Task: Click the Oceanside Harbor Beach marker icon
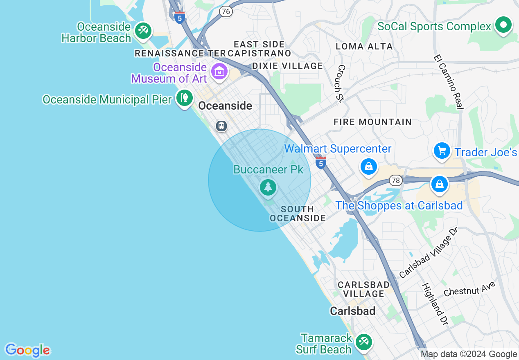143,31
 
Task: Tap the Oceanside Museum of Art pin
219,72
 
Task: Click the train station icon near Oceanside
221,126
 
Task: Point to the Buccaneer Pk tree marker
268,187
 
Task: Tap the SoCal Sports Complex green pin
503,25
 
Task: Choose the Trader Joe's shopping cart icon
442,151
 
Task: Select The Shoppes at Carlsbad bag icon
439,184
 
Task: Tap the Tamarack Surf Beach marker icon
363,342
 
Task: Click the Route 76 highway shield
226,11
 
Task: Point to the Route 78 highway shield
395,180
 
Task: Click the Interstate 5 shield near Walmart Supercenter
321,163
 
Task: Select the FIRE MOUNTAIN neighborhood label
372,122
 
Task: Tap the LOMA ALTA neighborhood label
364,46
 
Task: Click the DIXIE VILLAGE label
287,66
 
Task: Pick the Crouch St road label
341,83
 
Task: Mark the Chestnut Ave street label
469,289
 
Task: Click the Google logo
27,350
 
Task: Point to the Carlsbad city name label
352,311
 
